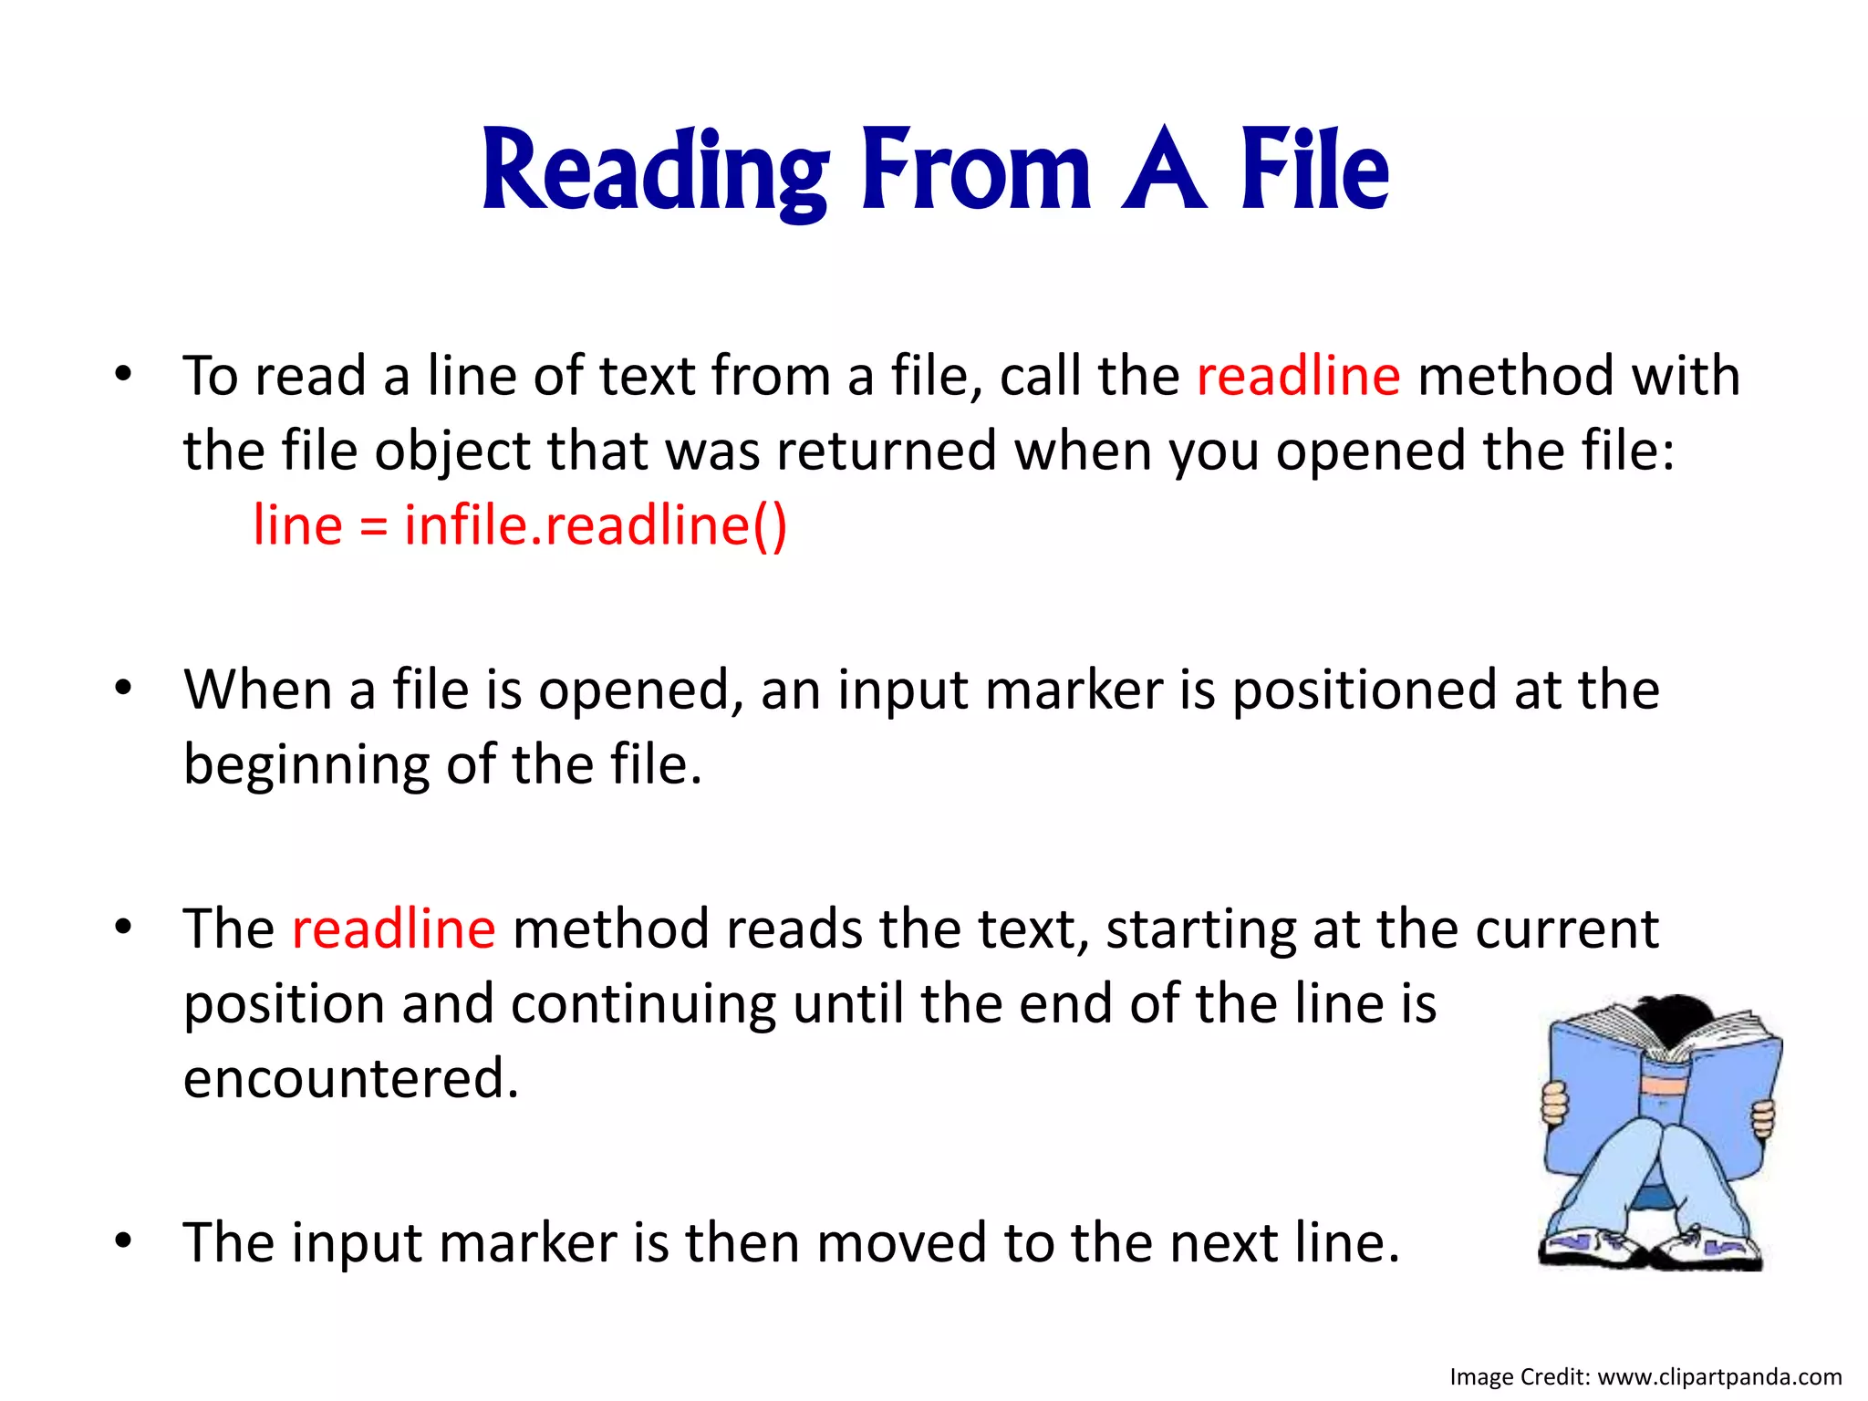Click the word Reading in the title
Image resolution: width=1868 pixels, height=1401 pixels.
click(x=655, y=171)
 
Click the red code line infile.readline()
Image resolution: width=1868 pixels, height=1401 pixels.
click(x=520, y=525)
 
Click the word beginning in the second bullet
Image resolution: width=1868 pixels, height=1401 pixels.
click(x=306, y=764)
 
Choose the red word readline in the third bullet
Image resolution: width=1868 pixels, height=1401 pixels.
click(x=393, y=929)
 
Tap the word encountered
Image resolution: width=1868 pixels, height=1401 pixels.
click(x=351, y=1078)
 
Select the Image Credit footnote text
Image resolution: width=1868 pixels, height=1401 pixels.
click(x=1645, y=1376)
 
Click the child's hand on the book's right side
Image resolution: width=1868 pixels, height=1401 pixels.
click(x=1764, y=1118)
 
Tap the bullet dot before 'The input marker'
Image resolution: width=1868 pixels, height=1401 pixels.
click(x=124, y=1240)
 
